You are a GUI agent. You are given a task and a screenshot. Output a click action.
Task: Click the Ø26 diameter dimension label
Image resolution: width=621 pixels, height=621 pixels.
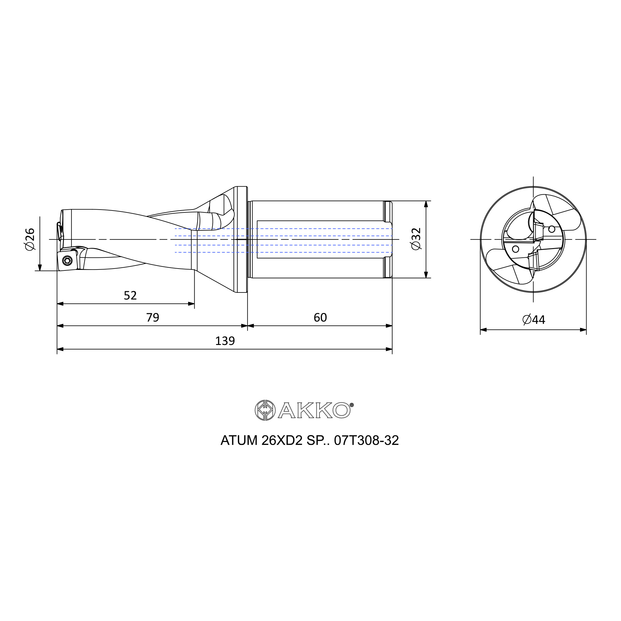[x=30, y=239]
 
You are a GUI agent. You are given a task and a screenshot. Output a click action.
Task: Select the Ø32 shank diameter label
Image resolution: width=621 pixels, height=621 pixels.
[x=416, y=239]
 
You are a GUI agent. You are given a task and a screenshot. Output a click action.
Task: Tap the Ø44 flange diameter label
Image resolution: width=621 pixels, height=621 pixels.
[x=534, y=320]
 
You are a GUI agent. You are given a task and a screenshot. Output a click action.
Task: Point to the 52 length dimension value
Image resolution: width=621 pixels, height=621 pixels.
[x=130, y=295]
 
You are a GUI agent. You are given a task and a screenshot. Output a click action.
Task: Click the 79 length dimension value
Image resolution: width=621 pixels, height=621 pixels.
[x=153, y=318]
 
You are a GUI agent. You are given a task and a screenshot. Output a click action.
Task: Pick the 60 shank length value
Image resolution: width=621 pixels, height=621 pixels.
[x=320, y=318]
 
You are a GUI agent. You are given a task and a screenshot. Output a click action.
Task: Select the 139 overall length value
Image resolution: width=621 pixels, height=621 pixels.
[x=225, y=341]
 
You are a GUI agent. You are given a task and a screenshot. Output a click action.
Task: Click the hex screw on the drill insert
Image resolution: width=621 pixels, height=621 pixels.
[x=67, y=261]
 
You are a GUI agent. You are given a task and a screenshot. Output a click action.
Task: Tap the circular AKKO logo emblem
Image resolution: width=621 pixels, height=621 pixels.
[x=265, y=410]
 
